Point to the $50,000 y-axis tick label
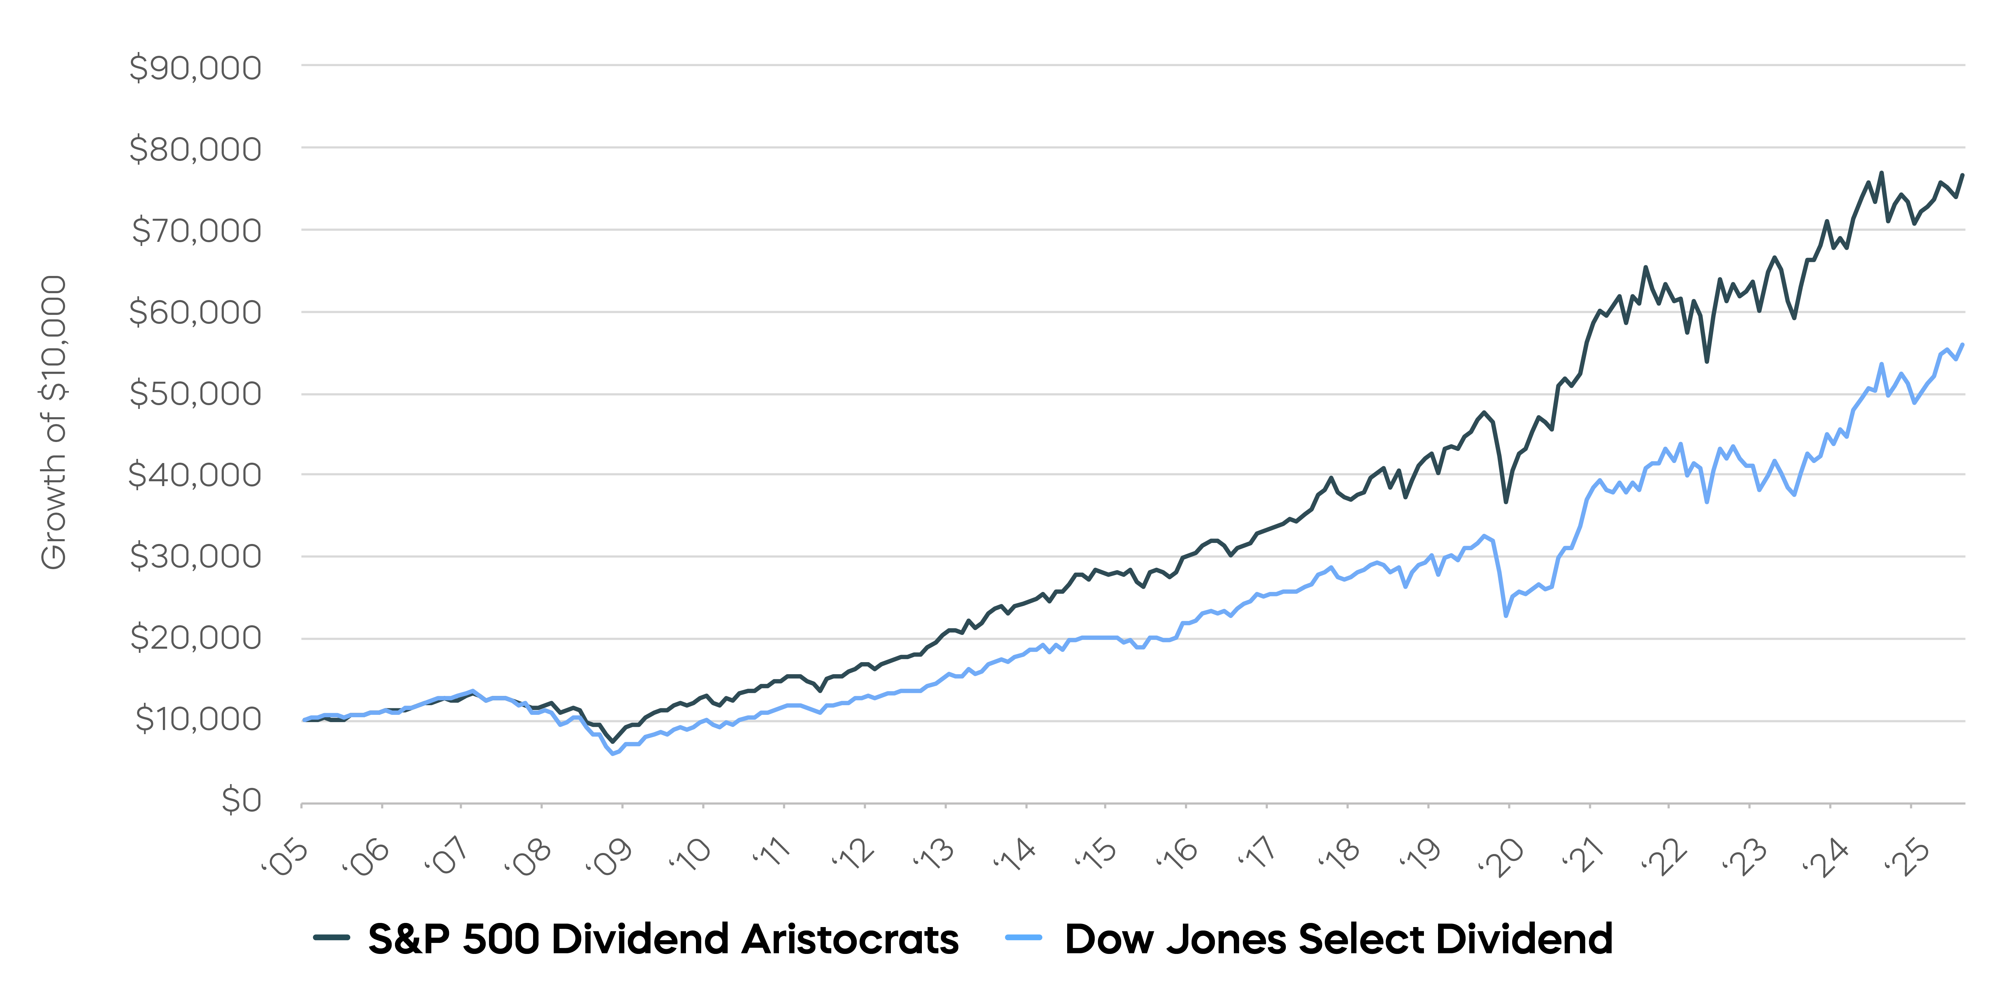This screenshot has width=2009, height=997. (x=195, y=394)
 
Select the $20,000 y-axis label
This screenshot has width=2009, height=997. (x=195, y=638)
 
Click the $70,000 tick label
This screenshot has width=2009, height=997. (x=197, y=231)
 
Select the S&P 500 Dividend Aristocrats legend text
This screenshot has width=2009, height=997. (x=663, y=938)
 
